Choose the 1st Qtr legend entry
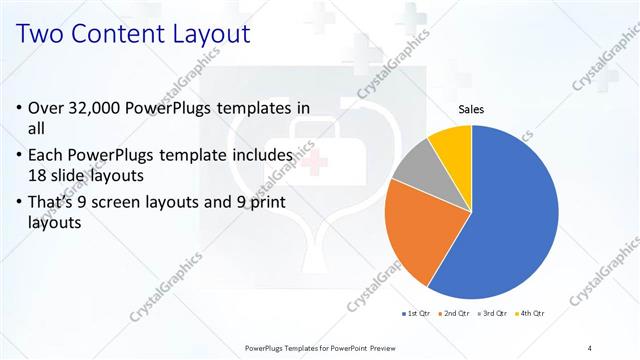[x=415, y=314]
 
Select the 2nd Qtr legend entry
[x=456, y=314]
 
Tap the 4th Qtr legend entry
[x=532, y=314]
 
